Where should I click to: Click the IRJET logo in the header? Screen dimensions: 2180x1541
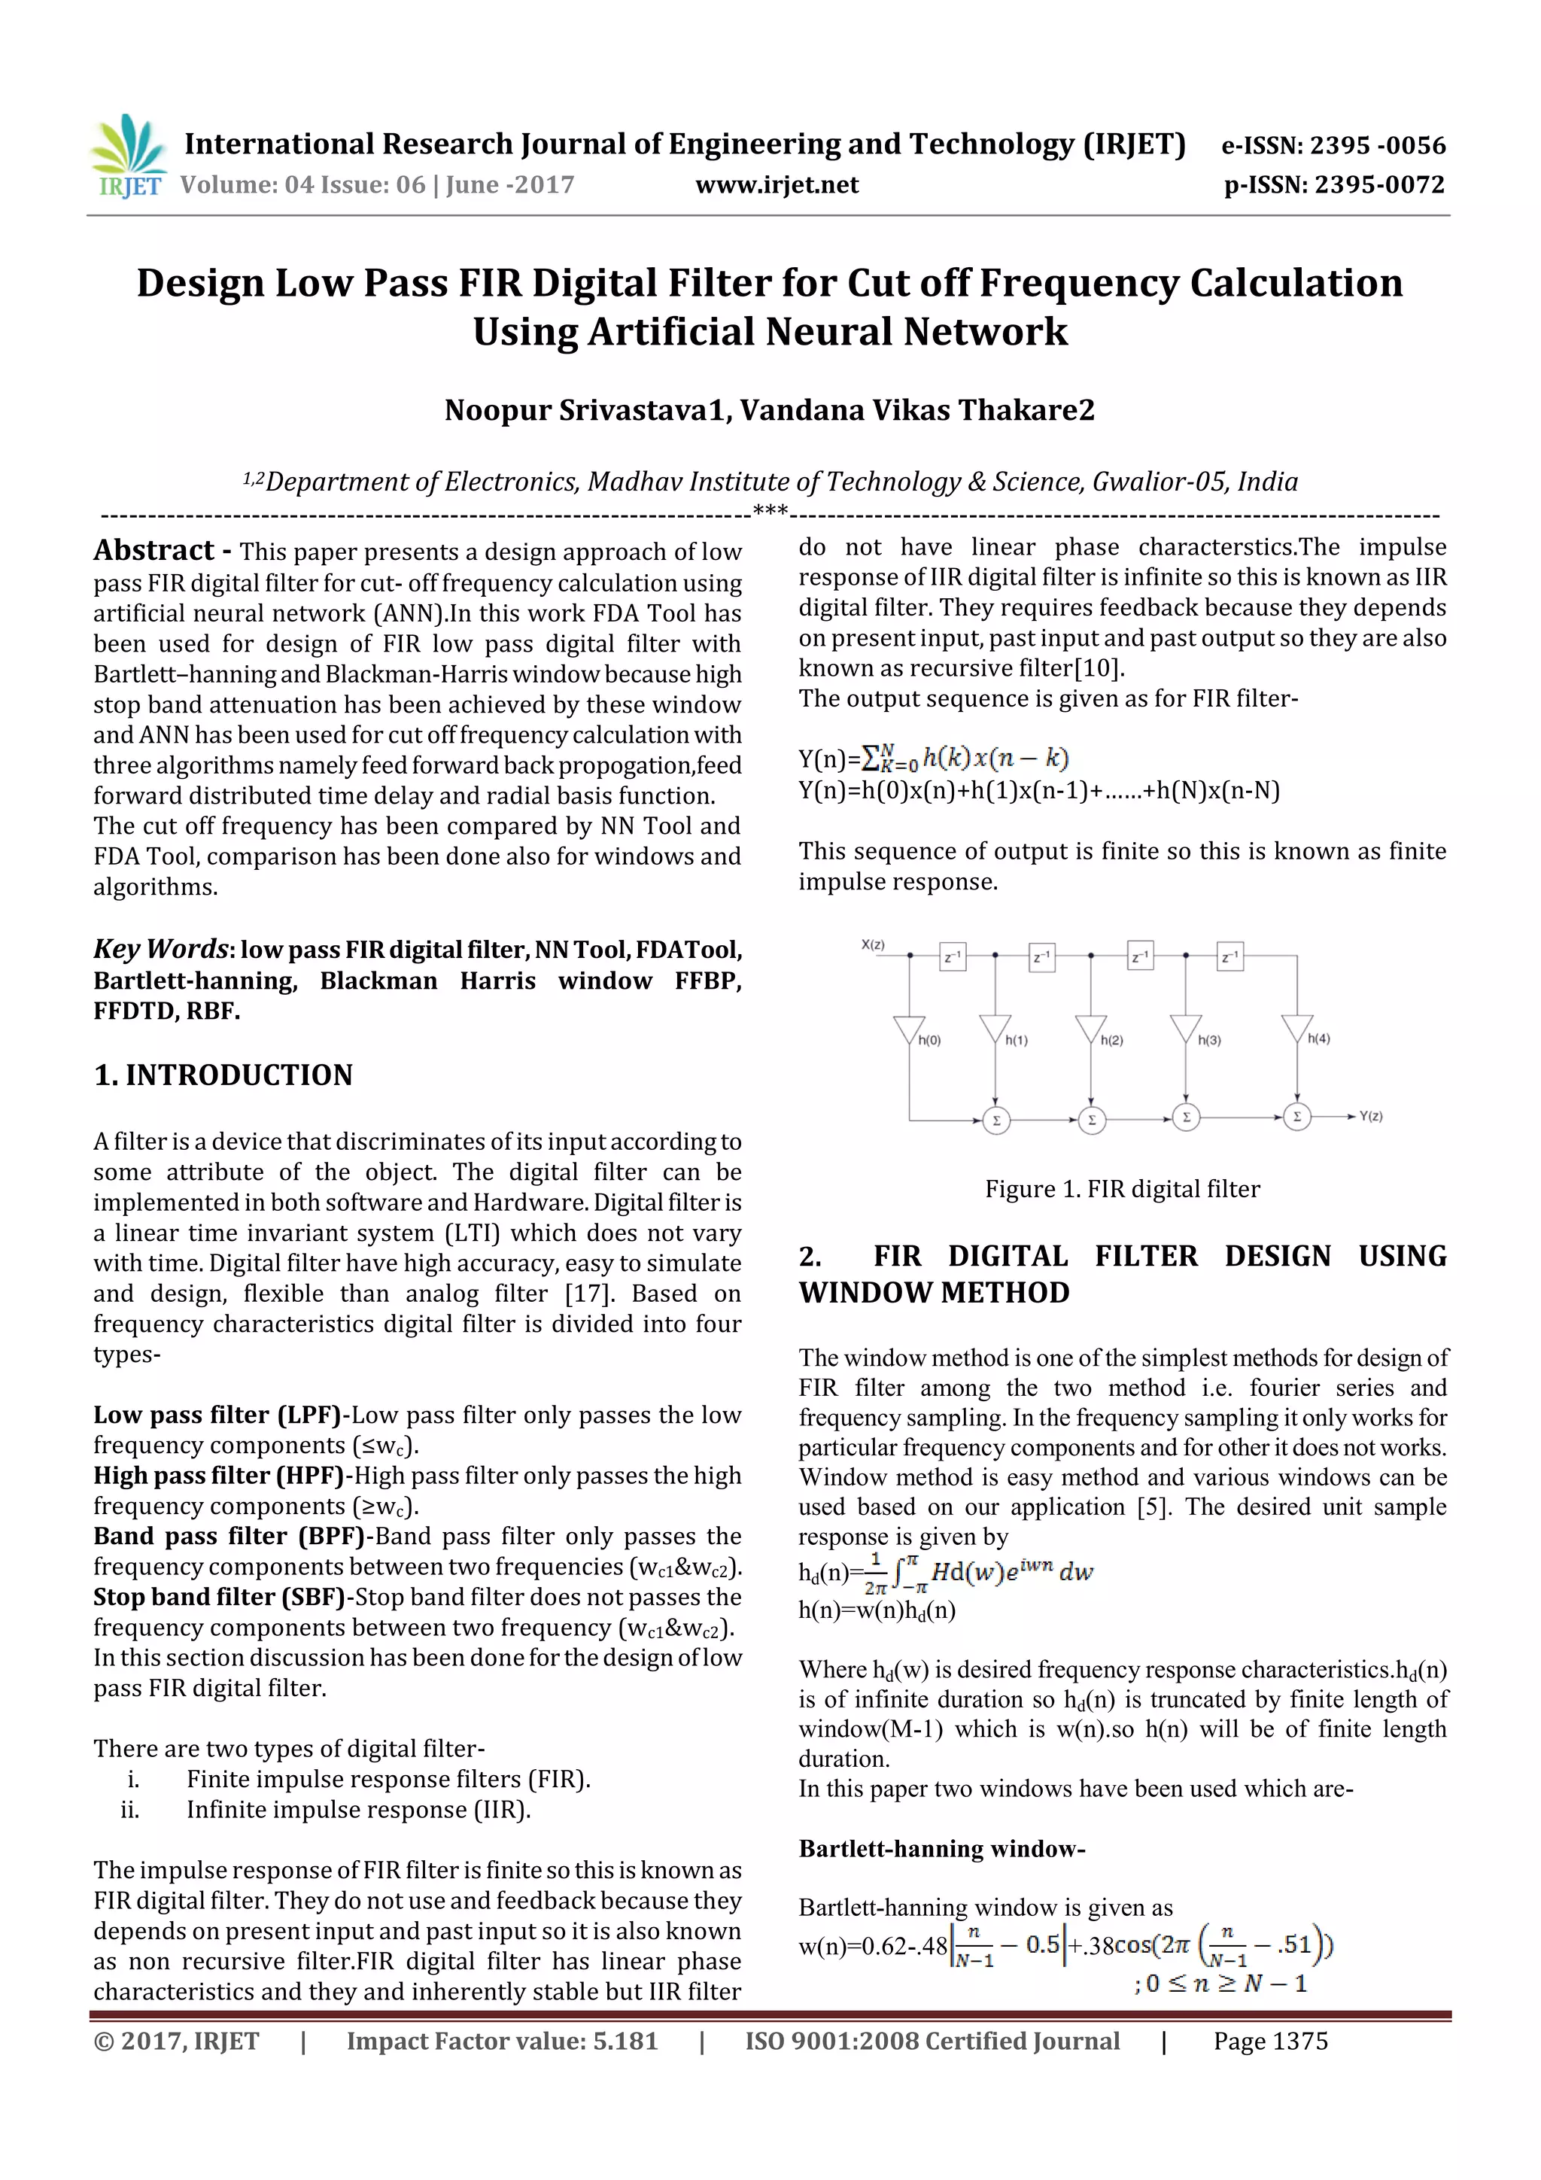(127, 156)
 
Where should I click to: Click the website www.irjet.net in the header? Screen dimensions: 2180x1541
(776, 185)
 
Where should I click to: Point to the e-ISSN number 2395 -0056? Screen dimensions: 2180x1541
(1377, 146)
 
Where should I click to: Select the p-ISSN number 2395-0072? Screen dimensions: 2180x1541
(1379, 185)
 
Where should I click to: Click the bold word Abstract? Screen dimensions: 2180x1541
(153, 551)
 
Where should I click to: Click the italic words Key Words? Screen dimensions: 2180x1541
(160, 948)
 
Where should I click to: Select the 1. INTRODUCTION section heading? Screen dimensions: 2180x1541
(223, 1075)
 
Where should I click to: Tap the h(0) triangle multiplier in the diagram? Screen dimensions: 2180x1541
(909, 1029)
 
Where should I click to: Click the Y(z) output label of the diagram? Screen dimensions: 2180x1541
(1370, 1117)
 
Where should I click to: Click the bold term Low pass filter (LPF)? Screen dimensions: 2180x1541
(217, 1415)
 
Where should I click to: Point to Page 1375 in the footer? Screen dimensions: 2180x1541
(1269, 2041)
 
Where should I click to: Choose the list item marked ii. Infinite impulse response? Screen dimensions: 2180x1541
(358, 1809)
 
